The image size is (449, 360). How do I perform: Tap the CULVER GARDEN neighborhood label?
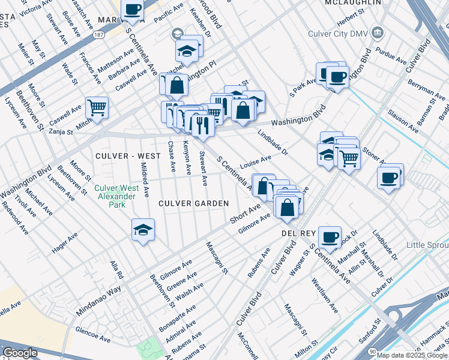point(193,203)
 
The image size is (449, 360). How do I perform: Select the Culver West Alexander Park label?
point(114,196)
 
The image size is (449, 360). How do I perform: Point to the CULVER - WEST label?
point(128,156)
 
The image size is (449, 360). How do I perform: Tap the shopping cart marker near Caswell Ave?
point(97,108)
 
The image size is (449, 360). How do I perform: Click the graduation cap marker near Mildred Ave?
point(143,230)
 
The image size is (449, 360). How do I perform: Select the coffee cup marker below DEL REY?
point(330,238)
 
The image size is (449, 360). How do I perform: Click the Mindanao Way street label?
point(98,302)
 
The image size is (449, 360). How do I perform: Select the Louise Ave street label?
point(256,161)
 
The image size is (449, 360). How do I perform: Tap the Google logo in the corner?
point(20,353)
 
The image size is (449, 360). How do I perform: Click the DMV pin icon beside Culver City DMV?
point(378,32)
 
